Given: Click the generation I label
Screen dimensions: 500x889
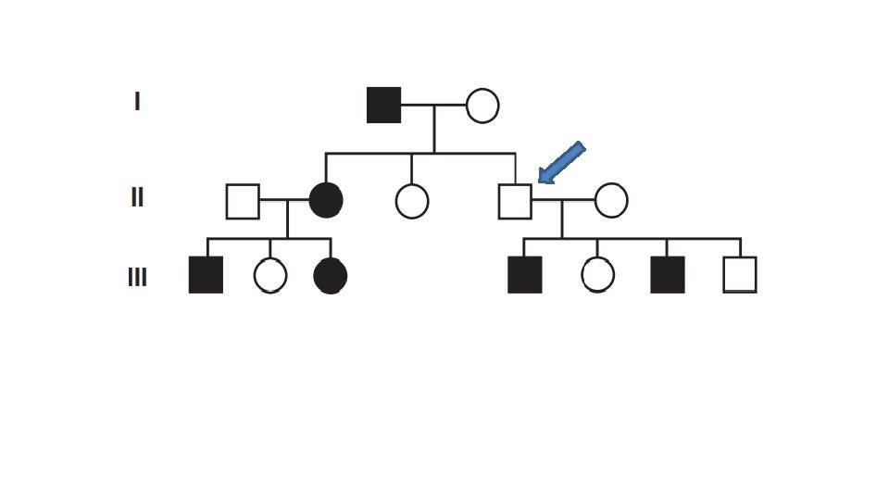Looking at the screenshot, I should pyautogui.click(x=137, y=101).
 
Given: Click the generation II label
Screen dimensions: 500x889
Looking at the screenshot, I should pyautogui.click(x=137, y=197).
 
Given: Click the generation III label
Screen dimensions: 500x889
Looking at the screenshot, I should pyautogui.click(x=137, y=277).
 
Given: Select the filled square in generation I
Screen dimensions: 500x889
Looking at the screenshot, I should pyautogui.click(x=384, y=105).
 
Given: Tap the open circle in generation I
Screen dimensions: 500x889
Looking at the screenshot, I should pyautogui.click(x=482, y=106).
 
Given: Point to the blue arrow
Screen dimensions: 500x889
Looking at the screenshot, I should pyautogui.click(x=561, y=162).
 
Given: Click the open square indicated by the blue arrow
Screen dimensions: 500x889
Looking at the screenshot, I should pyautogui.click(x=515, y=201).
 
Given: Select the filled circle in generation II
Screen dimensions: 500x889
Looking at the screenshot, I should pyautogui.click(x=326, y=200).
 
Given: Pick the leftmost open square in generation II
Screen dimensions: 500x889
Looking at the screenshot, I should pyautogui.click(x=243, y=201).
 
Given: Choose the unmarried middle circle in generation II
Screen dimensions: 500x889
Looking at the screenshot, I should pyautogui.click(x=412, y=201).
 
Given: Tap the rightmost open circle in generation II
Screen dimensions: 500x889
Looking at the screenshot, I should pyautogui.click(x=611, y=200).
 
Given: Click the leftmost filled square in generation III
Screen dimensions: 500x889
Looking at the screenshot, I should pyautogui.click(x=206, y=275).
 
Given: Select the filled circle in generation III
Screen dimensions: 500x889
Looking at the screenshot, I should pyautogui.click(x=331, y=276).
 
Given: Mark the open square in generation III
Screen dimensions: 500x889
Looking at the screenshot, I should pyautogui.click(x=740, y=275).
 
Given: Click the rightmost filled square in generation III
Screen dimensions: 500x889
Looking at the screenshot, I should pyautogui.click(x=668, y=275).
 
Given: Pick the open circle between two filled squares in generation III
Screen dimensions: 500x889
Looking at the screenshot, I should pyautogui.click(x=597, y=275).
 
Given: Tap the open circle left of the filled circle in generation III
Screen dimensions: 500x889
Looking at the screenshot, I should pyautogui.click(x=270, y=275).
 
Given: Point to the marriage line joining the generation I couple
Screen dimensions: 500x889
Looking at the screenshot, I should pyautogui.click(x=433, y=106).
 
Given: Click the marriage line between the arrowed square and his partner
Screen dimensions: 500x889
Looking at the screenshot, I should pyautogui.click(x=563, y=200).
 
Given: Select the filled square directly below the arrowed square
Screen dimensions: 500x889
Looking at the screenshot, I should pyautogui.click(x=525, y=275).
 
